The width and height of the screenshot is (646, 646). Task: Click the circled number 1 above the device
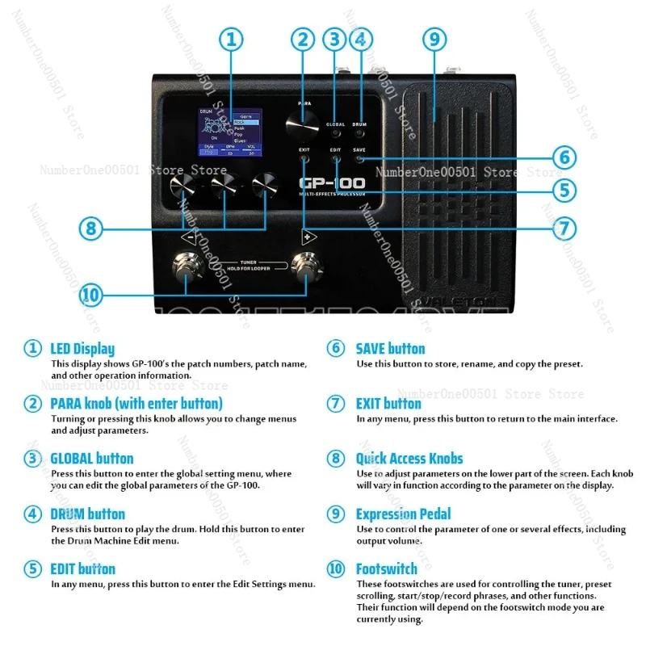pos(232,39)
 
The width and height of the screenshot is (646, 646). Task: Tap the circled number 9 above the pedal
pos(434,38)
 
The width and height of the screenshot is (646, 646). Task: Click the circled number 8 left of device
pos(90,228)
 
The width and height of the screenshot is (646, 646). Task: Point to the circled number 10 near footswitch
pos(90,296)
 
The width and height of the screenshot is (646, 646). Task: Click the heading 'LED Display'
pos(82,350)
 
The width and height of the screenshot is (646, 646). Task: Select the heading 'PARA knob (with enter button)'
pos(136,403)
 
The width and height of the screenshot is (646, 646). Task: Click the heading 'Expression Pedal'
pos(403,514)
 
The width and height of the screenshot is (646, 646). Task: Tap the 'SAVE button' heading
pos(390,349)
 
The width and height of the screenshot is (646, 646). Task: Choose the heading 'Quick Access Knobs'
pos(409,459)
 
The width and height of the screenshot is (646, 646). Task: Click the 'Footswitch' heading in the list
pos(386,569)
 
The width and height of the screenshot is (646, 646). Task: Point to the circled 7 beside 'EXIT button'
pos(336,404)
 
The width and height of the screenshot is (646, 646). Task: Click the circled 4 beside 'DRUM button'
pos(32,514)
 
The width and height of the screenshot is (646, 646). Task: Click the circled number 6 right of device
pos(564,157)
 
